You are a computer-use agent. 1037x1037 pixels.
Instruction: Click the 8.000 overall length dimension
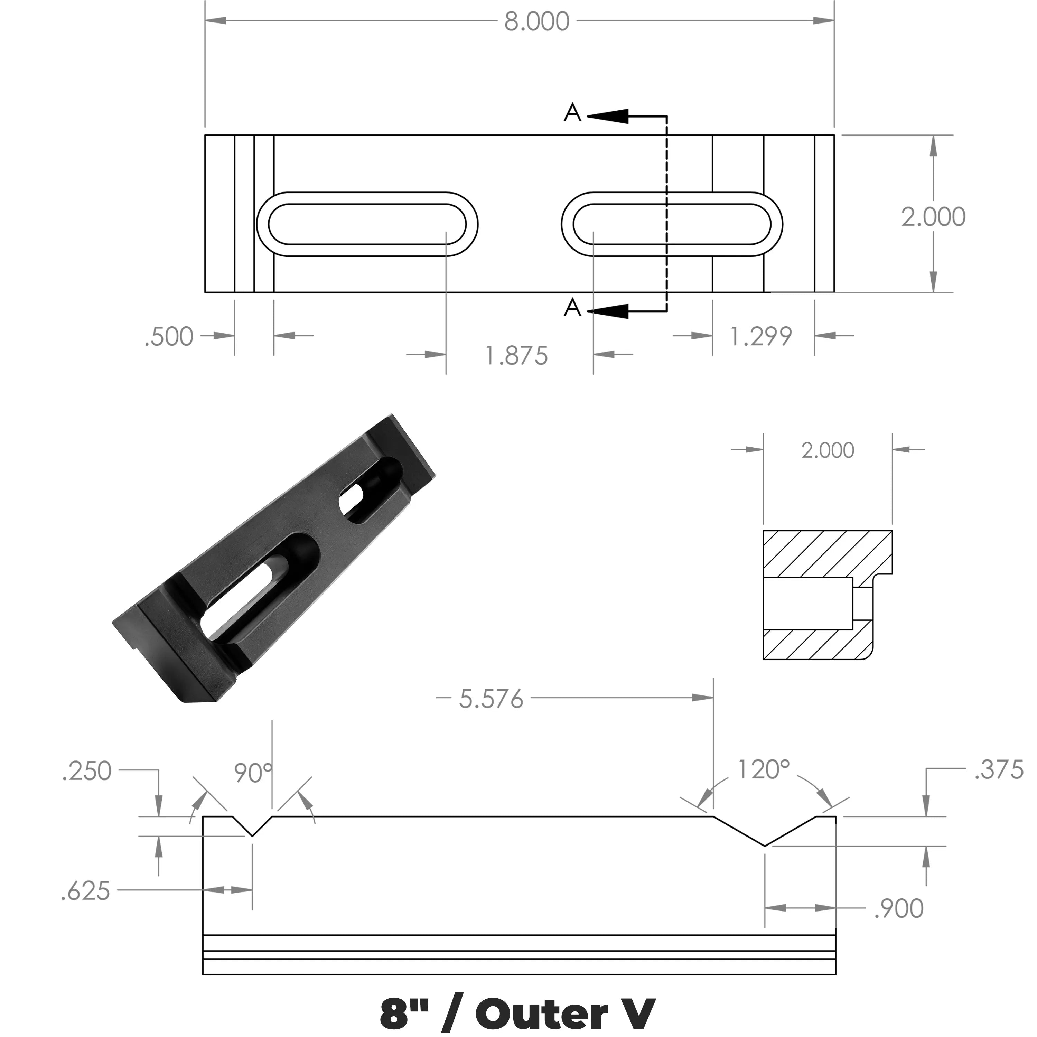click(x=536, y=22)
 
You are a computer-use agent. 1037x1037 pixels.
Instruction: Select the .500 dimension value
click(x=169, y=337)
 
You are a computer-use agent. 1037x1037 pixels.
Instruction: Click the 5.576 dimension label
click(x=491, y=699)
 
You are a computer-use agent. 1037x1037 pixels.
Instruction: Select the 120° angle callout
click(x=763, y=770)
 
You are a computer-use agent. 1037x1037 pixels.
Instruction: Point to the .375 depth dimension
click(x=998, y=770)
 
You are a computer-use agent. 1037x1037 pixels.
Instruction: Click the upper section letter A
click(x=572, y=113)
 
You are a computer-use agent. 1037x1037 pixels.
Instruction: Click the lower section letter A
click(x=572, y=308)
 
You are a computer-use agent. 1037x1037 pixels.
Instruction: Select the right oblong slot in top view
click(x=672, y=224)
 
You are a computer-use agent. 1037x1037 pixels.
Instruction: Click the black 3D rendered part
click(x=274, y=558)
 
